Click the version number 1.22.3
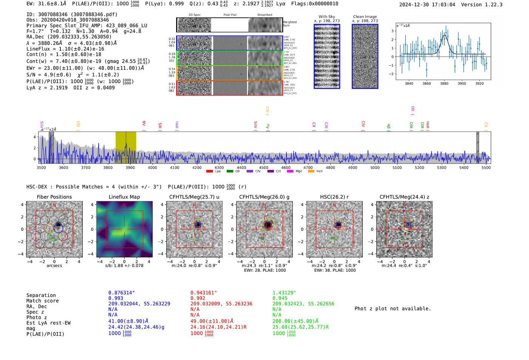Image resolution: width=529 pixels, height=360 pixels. (x=490, y=5)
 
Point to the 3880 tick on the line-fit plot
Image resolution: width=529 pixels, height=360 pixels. (x=444, y=83)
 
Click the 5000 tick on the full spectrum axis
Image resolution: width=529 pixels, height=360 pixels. (x=375, y=167)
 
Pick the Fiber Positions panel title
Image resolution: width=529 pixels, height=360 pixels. (x=54, y=197)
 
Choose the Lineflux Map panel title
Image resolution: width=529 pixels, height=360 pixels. (x=124, y=197)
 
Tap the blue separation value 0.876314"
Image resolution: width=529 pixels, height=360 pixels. (x=121, y=293)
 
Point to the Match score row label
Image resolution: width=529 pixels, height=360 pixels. (x=42, y=301)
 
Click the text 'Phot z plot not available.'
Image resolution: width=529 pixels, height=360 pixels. (x=393, y=309)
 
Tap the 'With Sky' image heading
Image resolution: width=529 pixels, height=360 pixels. (x=327, y=17)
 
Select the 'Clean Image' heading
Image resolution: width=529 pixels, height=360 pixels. (x=365, y=17)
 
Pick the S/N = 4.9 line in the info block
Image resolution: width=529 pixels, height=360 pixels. (x=49, y=75)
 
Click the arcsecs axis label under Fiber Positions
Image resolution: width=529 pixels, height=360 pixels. (x=54, y=266)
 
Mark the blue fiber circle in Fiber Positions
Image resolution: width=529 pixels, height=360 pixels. (x=58, y=228)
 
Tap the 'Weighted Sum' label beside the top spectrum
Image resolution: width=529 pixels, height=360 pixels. (x=289, y=24)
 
